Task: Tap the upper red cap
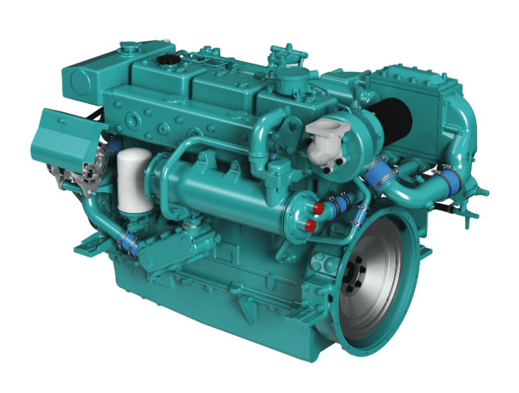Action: coord(317,208)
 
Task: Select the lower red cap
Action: coord(311,225)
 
